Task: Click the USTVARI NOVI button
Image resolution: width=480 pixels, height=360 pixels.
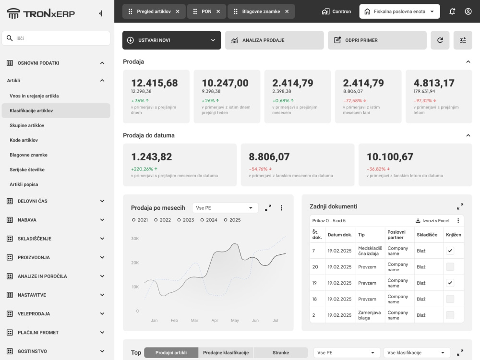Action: click(x=171, y=40)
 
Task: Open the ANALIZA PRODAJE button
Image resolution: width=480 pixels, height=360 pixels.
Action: click(x=274, y=40)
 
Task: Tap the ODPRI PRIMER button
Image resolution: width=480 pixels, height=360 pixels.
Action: click(x=377, y=40)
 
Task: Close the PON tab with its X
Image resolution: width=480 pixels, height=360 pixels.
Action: click(x=218, y=12)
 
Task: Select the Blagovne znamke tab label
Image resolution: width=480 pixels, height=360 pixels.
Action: click(x=261, y=12)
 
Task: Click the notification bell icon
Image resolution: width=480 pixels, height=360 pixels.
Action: click(x=452, y=12)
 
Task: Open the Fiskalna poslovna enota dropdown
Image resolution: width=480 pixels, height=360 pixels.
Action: click(x=399, y=12)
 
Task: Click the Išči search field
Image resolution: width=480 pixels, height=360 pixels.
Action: click(x=56, y=38)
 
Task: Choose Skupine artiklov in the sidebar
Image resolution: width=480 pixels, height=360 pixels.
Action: click(x=27, y=125)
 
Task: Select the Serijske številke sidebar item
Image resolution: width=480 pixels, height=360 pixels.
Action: click(x=27, y=169)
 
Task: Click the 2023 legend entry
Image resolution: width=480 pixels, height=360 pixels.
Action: click(x=185, y=220)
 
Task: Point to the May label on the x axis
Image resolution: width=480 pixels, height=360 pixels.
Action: click(x=235, y=320)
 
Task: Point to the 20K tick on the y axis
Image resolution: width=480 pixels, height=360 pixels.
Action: click(x=135, y=263)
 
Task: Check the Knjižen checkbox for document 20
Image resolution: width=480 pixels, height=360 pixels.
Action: click(x=450, y=267)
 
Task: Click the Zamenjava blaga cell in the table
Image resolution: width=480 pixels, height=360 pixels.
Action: click(x=370, y=315)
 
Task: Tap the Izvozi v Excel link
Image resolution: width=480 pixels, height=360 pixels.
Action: click(x=432, y=221)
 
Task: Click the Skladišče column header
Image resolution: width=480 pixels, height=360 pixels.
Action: click(x=427, y=235)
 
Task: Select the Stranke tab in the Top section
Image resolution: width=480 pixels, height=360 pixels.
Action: click(x=281, y=353)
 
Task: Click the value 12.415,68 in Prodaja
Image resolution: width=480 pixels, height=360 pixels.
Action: click(x=155, y=83)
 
